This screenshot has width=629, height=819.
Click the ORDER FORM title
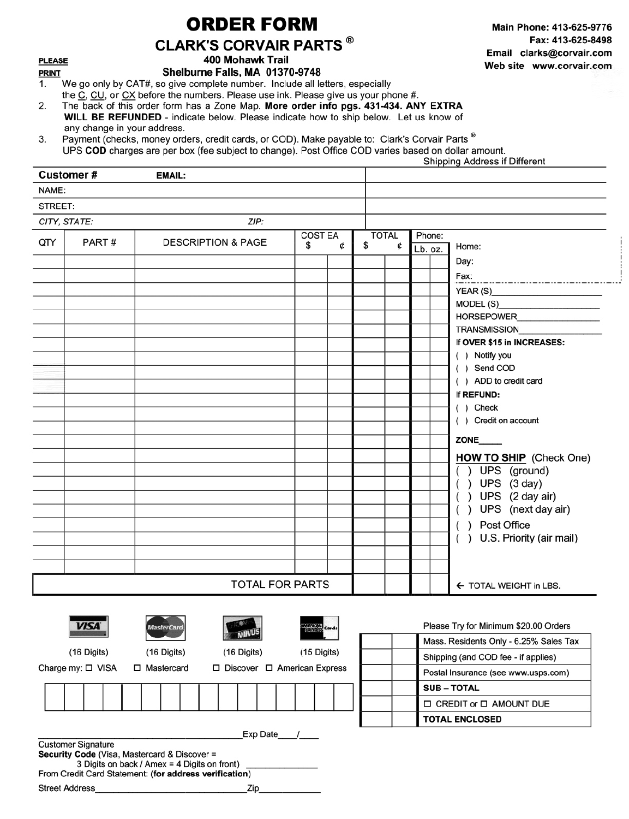point(251,24)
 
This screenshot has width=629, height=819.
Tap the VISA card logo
point(88,626)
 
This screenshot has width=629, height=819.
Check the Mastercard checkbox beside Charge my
point(138,668)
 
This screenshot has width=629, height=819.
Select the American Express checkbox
point(269,668)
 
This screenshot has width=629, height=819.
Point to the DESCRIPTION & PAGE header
point(215,243)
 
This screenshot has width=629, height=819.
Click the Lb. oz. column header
point(428,250)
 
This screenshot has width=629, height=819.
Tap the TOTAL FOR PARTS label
point(280,585)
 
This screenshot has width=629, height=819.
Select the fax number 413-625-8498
point(582,40)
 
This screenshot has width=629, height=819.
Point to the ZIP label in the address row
point(256,222)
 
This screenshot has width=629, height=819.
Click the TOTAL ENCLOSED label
point(462,720)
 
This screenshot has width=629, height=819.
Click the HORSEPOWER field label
point(486,317)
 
